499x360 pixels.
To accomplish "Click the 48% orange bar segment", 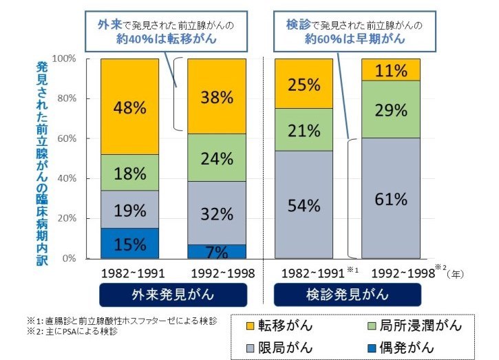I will pyautogui.click(x=129, y=107).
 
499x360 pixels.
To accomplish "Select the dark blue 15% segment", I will pyautogui.click(x=129, y=244).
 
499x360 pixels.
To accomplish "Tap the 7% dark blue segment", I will pyautogui.click(x=217, y=251).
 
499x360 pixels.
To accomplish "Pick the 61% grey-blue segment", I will pyautogui.click(x=390, y=198).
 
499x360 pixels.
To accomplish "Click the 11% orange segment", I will pyautogui.click(x=390, y=70).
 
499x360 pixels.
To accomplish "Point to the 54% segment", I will pyautogui.click(x=304, y=204).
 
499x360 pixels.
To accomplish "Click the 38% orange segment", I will pyautogui.click(x=217, y=96).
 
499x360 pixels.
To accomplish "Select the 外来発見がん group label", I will pyautogui.click(x=173, y=295).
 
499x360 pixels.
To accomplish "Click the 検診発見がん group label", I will pyautogui.click(x=347, y=295).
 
